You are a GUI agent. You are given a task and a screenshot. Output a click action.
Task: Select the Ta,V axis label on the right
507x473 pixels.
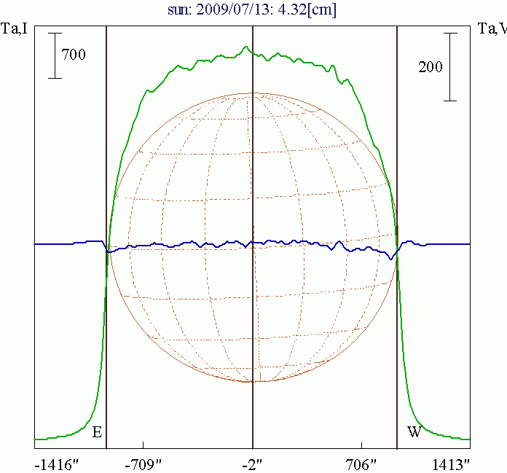point(492,29)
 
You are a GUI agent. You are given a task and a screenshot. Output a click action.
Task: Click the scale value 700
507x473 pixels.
point(74,55)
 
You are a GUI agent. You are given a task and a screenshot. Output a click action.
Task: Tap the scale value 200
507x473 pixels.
point(431,67)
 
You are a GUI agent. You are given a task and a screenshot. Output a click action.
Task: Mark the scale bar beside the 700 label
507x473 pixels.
point(55,55)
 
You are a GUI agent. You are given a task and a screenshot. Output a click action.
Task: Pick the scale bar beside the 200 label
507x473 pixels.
point(451,66)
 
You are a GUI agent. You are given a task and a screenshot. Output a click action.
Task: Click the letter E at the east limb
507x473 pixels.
point(97,433)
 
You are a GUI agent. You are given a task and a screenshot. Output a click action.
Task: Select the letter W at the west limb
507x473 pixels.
point(414,433)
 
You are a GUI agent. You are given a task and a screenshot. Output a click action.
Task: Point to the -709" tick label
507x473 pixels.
point(144,463)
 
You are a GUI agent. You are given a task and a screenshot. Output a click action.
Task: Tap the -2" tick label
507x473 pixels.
point(253,463)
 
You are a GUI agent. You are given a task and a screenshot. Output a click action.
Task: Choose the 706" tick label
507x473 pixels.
point(361,463)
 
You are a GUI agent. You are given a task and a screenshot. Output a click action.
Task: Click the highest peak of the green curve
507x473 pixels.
point(245,47)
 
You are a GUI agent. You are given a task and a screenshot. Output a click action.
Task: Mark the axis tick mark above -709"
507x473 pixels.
point(144,445)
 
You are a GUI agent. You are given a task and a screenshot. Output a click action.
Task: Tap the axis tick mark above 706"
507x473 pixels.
point(361,445)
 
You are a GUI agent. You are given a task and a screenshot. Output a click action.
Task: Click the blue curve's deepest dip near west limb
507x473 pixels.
point(393,258)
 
